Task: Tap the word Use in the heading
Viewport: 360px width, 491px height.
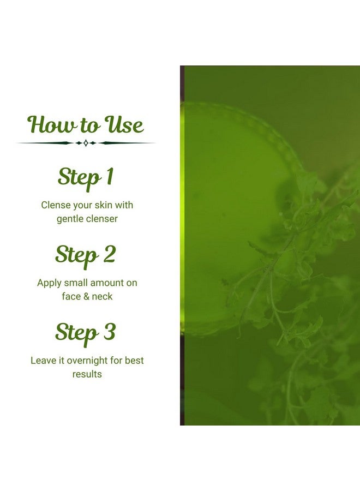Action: pos(124,125)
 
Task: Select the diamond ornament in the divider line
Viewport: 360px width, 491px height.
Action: pos(86,143)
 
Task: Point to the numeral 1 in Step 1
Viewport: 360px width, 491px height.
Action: pos(109,177)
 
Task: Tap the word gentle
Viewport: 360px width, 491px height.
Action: pos(70,219)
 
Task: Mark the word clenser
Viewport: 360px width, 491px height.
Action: pos(101,219)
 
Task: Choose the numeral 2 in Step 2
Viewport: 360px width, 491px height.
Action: pos(109,255)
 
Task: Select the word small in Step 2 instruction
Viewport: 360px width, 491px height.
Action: pos(75,283)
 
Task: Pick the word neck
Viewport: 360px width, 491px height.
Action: pos(102,296)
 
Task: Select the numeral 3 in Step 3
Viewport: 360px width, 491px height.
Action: pos(109,332)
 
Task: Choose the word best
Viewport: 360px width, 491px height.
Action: pos(134,361)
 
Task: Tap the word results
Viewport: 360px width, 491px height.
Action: pos(87,374)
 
